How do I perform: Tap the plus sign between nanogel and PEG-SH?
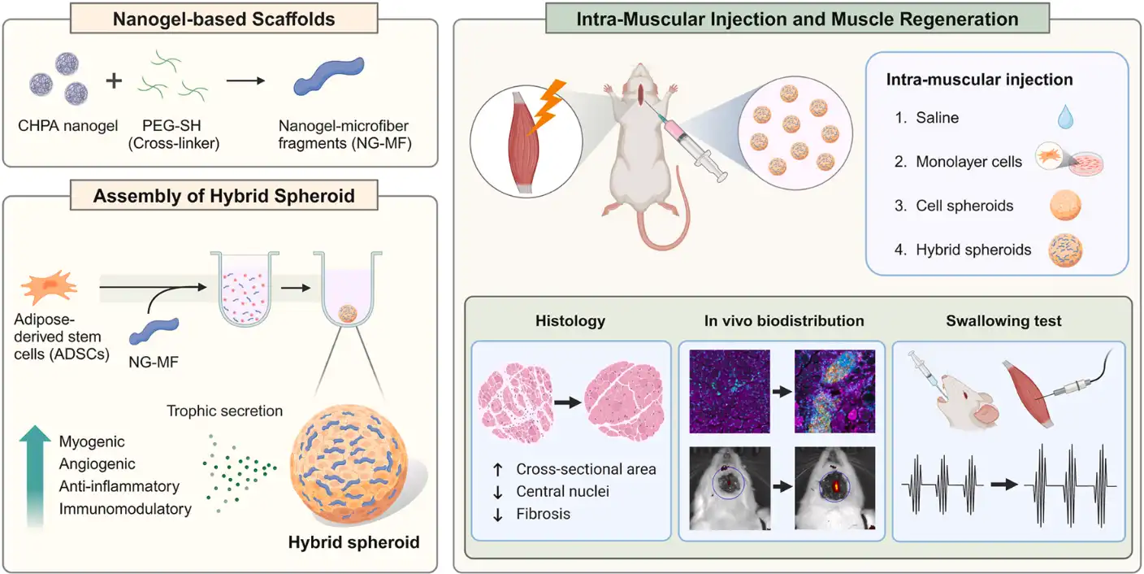(115, 82)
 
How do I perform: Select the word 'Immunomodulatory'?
(125, 509)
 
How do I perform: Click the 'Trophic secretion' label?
(225, 411)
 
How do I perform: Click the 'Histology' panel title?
(570, 321)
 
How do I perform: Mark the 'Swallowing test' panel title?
(1003, 321)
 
